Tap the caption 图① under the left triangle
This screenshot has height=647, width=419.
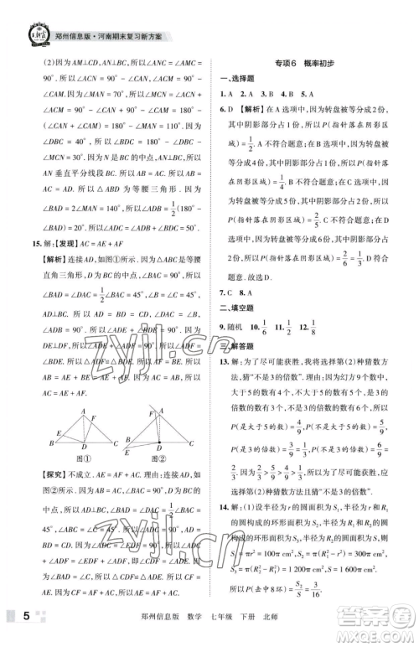point(82,460)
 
